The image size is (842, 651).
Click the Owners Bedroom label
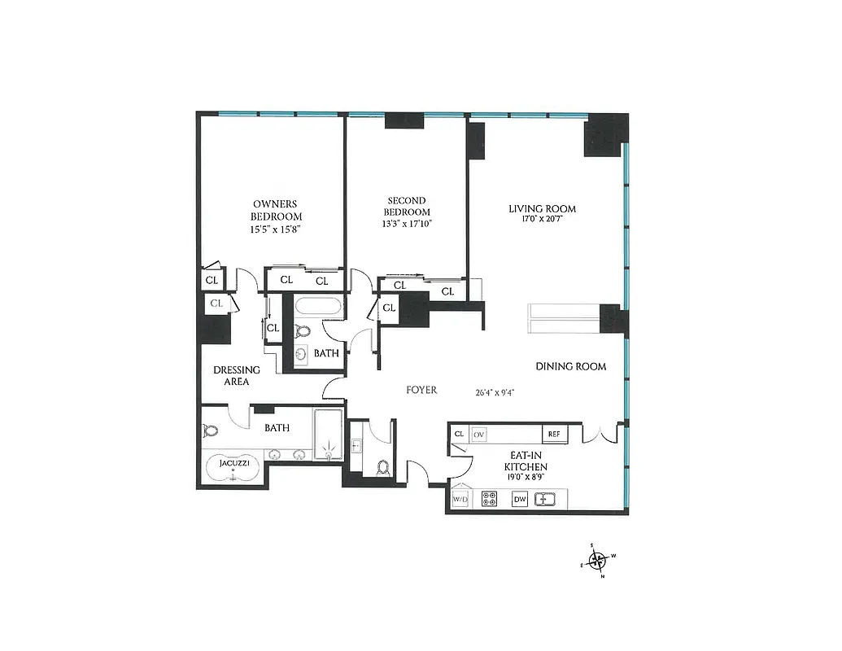coord(276,210)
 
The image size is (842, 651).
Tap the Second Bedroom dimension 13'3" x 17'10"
coord(407,224)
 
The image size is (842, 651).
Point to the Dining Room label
coord(570,366)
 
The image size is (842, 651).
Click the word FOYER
coord(421,391)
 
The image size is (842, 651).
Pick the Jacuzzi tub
coord(233,467)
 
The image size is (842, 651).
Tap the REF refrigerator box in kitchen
coord(554,435)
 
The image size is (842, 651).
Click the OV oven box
coord(479,435)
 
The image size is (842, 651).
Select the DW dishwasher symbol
coord(521,499)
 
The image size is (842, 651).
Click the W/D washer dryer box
coord(460,499)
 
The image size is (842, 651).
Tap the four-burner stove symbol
coord(491,499)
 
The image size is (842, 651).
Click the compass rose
coord(598,559)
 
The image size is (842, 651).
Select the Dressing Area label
coord(237,375)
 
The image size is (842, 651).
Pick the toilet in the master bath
coord(211,431)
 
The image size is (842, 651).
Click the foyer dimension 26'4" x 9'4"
coord(495,391)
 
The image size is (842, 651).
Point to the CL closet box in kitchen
coord(459,435)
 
